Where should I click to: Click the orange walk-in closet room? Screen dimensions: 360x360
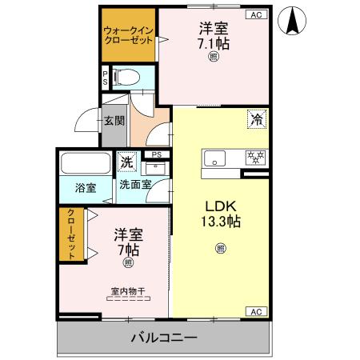coord(128,36)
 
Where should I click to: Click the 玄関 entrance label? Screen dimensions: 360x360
coord(114,122)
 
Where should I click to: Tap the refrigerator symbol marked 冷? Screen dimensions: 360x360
coord(257,120)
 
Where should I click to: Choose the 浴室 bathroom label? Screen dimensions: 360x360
coord(86,189)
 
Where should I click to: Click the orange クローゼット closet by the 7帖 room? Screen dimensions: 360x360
coord(71,234)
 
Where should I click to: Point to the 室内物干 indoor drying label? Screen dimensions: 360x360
coord(128,291)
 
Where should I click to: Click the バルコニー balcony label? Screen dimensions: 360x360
coord(164,338)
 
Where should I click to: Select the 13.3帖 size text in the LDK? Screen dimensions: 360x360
coord(221,221)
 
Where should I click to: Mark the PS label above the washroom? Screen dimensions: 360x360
coord(157,154)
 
